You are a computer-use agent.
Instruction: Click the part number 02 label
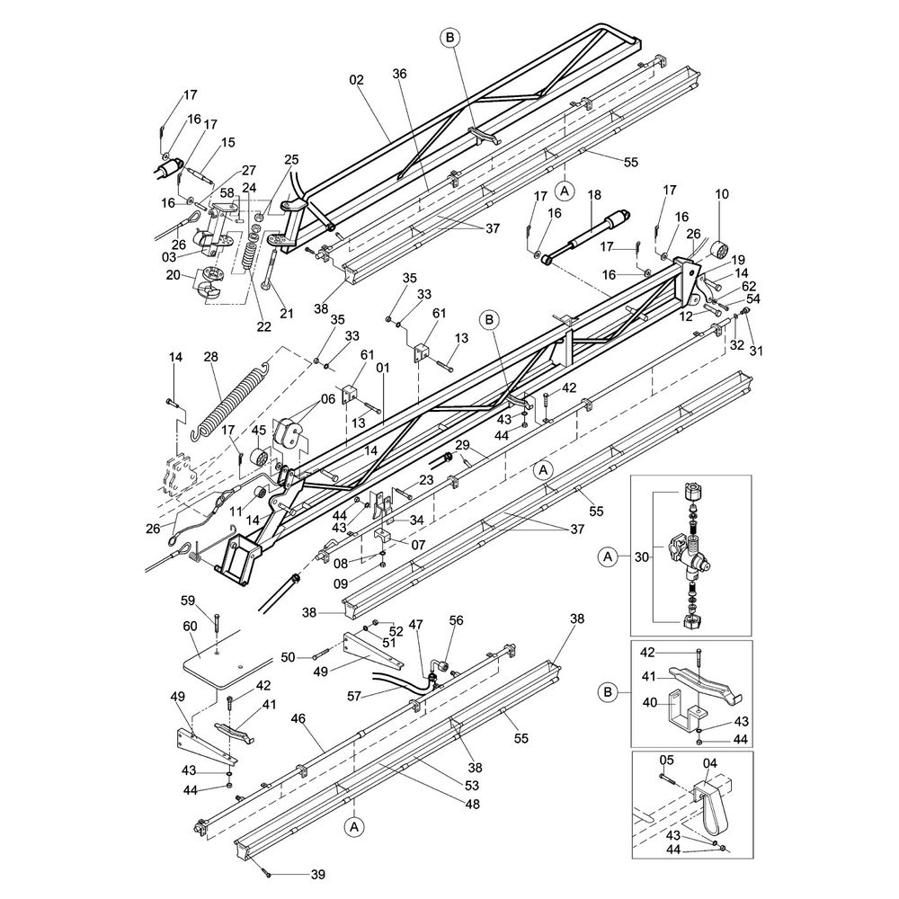click(357, 80)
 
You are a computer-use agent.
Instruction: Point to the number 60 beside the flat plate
click(190, 626)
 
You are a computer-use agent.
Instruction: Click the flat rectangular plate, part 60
click(227, 667)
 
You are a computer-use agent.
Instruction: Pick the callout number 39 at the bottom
click(317, 875)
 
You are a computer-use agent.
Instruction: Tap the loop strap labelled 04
click(711, 808)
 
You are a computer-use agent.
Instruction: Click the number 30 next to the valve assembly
click(642, 556)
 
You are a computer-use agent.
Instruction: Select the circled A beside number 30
click(609, 556)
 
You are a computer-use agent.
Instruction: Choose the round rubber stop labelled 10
click(720, 251)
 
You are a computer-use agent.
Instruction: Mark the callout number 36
click(400, 74)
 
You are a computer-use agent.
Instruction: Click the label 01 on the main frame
click(383, 368)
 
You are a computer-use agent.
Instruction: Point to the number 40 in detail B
click(649, 702)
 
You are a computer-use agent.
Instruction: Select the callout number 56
click(457, 620)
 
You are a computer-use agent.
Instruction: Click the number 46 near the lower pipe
click(298, 718)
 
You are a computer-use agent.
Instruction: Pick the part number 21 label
click(287, 313)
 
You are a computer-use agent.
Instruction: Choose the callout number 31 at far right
click(757, 351)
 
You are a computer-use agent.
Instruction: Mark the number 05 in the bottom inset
click(666, 761)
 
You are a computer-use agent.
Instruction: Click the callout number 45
click(259, 431)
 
